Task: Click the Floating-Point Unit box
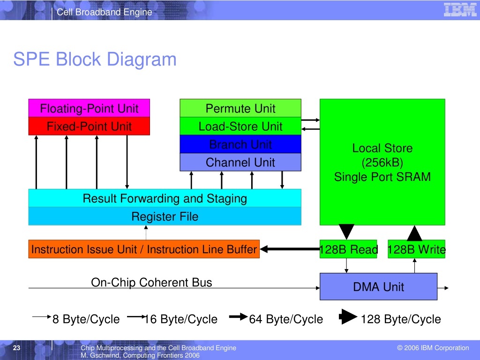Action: pyautogui.click(x=89, y=108)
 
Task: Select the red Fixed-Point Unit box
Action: pyautogui.click(x=89, y=126)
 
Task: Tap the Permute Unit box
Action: pyautogui.click(x=240, y=108)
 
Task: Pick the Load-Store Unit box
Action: pyautogui.click(x=240, y=126)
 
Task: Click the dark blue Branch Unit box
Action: pyautogui.click(x=240, y=144)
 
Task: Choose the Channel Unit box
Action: pyautogui.click(x=240, y=162)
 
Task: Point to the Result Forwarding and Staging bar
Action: pyautogui.click(x=165, y=198)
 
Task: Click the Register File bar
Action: pyautogui.click(x=165, y=216)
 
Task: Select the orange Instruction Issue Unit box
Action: pyautogui.click(x=144, y=249)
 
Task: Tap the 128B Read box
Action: pyautogui.click(x=348, y=249)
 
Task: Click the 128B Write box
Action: pyautogui.click(x=416, y=249)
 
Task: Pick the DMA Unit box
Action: pyautogui.click(x=378, y=286)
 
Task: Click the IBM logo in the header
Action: pyautogui.click(x=460, y=10)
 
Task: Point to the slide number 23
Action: pyautogui.click(x=16, y=348)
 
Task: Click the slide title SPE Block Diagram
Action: pyautogui.click(x=95, y=59)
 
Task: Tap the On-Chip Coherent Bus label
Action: pyautogui.click(x=151, y=282)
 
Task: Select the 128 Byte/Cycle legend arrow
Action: pyautogui.click(x=348, y=317)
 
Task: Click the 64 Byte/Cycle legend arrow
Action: pyautogui.click(x=239, y=317)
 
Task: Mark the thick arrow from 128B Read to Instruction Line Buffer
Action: pyautogui.click(x=290, y=249)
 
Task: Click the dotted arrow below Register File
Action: pyautogui.click(x=146, y=232)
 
